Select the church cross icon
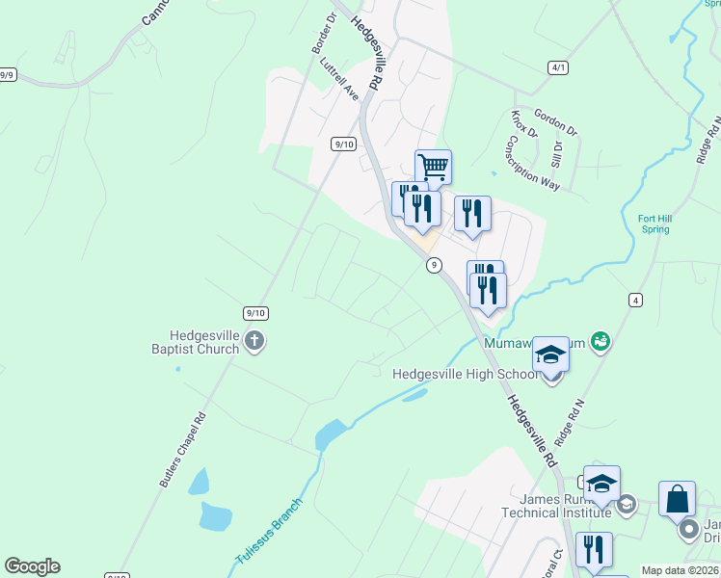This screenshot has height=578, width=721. [x=254, y=339]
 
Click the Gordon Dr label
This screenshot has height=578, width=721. [x=554, y=120]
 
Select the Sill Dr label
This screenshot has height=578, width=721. [x=556, y=151]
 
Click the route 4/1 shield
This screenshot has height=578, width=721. [x=558, y=67]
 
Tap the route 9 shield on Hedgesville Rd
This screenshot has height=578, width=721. [x=435, y=265]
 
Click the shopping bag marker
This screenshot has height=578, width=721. [x=677, y=499]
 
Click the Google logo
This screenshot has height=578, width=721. [x=32, y=566]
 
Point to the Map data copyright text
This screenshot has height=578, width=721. [x=681, y=570]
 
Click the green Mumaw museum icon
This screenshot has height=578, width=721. [x=602, y=340]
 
